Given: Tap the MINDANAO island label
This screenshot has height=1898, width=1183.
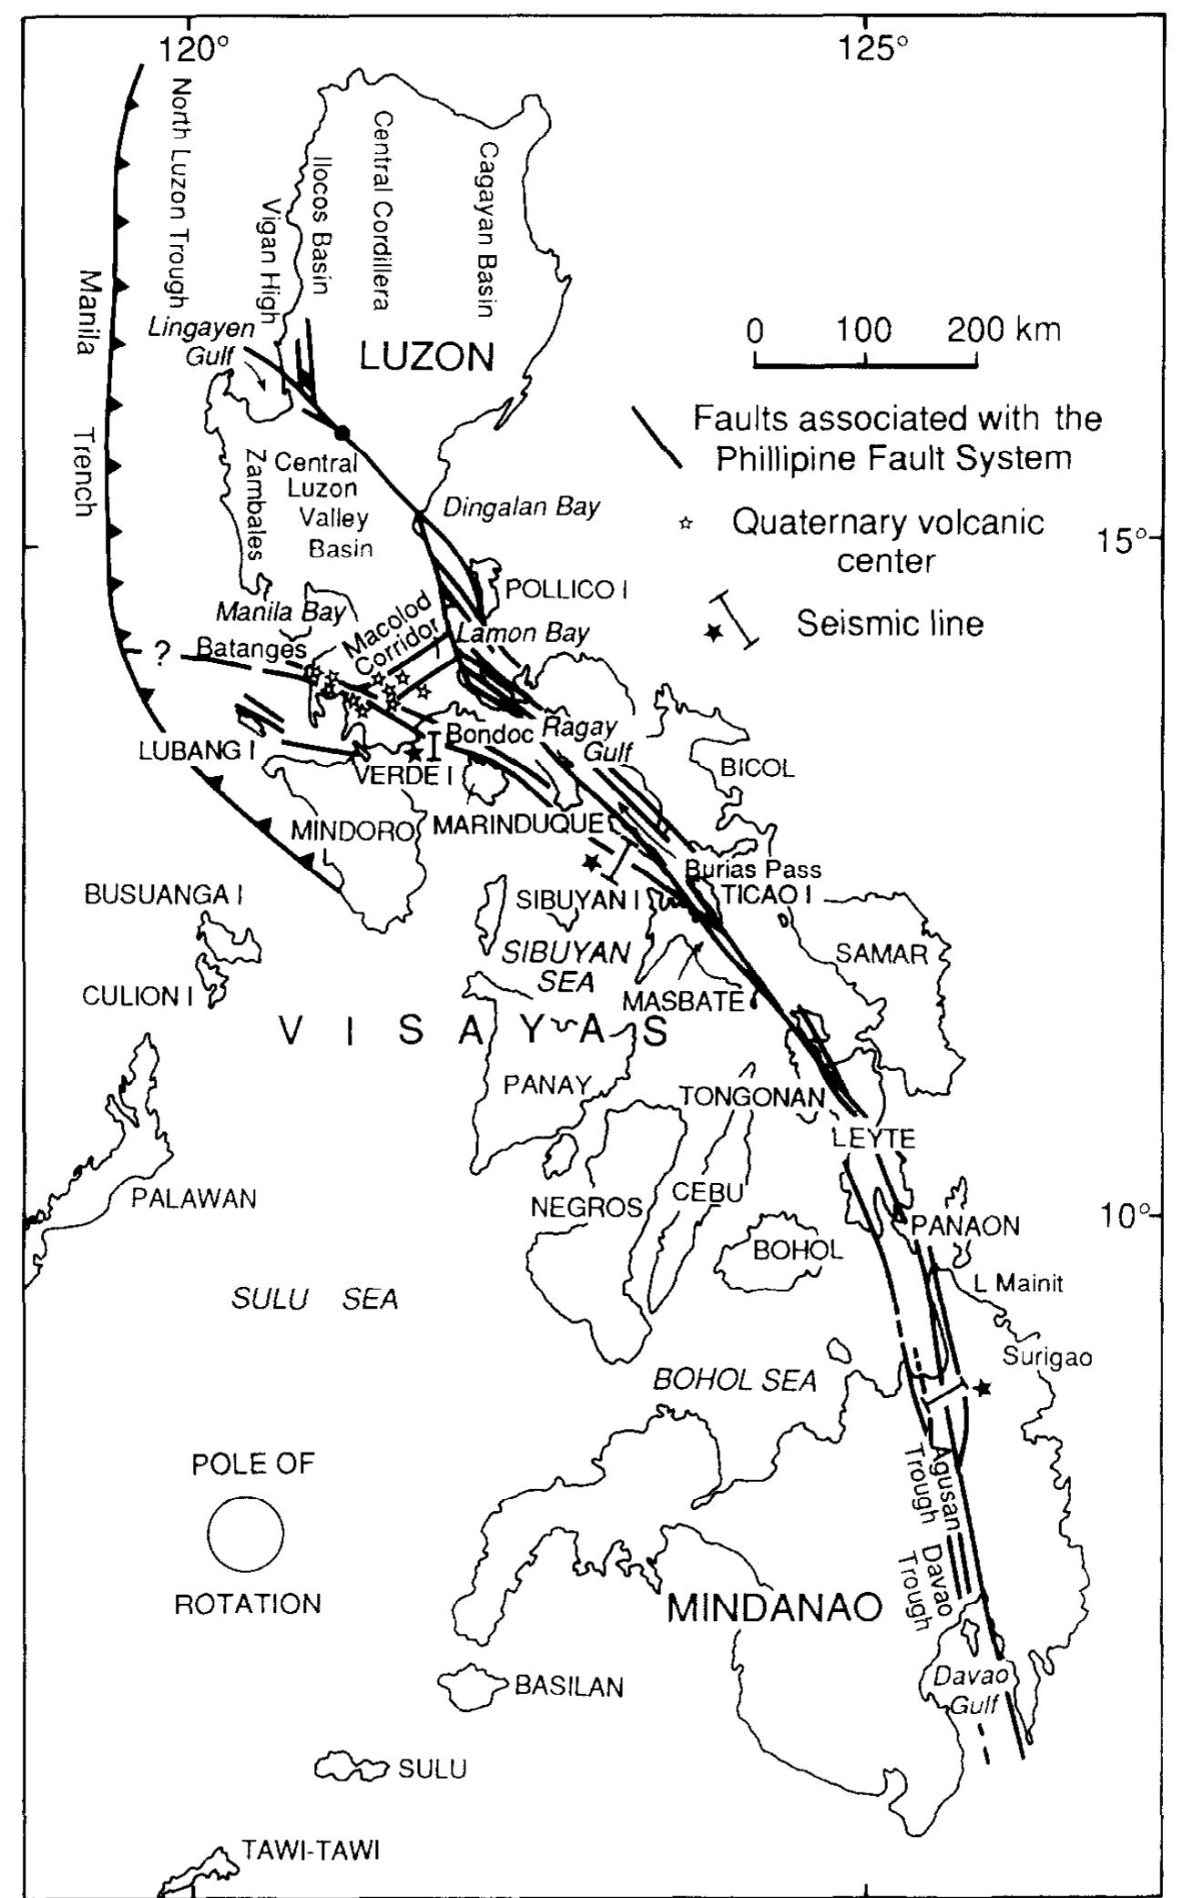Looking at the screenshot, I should pyautogui.click(x=774, y=1608).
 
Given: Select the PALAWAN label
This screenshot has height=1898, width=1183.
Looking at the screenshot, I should pyautogui.click(x=193, y=1199).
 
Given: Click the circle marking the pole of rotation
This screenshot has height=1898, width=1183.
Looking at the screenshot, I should pyautogui.click(x=245, y=1534).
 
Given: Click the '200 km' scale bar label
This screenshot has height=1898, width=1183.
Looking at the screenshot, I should pyautogui.click(x=1004, y=329).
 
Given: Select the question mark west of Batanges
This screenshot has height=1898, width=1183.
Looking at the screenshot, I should pyautogui.click(x=162, y=654).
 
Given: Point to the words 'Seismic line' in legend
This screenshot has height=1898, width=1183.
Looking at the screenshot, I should pyautogui.click(x=890, y=624).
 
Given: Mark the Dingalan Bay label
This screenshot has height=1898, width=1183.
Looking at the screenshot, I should pyautogui.click(x=521, y=506).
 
